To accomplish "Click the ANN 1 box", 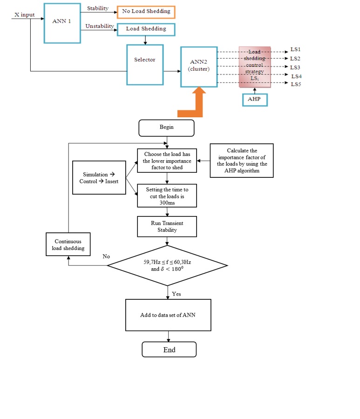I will pyautogui.click(x=62, y=23).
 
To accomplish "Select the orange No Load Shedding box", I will pyautogui.click(x=146, y=11).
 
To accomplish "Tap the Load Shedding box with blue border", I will pyautogui.click(x=146, y=29).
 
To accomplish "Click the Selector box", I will pyautogui.click(x=145, y=64).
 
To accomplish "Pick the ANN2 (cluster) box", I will pyautogui.click(x=199, y=67).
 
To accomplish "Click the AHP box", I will pyautogui.click(x=254, y=99).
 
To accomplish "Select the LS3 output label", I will pyautogui.click(x=295, y=67).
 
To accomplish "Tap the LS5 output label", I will pyautogui.click(x=296, y=84).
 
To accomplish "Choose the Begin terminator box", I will pyautogui.click(x=166, y=128).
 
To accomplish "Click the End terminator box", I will pyautogui.click(x=169, y=350).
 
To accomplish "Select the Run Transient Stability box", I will pyautogui.click(x=167, y=226).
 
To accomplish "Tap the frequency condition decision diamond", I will pyautogui.click(x=168, y=265).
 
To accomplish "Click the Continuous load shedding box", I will pyautogui.click(x=68, y=245).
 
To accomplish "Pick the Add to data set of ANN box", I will pyautogui.click(x=168, y=315).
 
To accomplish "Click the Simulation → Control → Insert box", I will pyautogui.click(x=99, y=177).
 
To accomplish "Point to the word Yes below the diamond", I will pyautogui.click(x=177, y=294).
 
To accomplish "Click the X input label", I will pyautogui.click(x=24, y=15).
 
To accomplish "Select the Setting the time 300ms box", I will pyautogui.click(x=167, y=196).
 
